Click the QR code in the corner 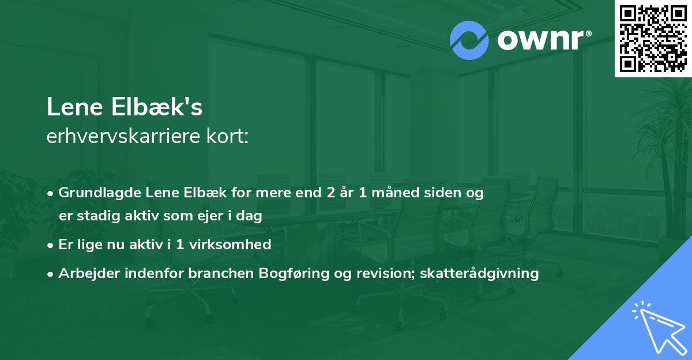pos(653,38)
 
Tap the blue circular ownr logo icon pos(469,40)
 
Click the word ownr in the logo pos(543,41)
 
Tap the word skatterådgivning pos(480,273)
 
